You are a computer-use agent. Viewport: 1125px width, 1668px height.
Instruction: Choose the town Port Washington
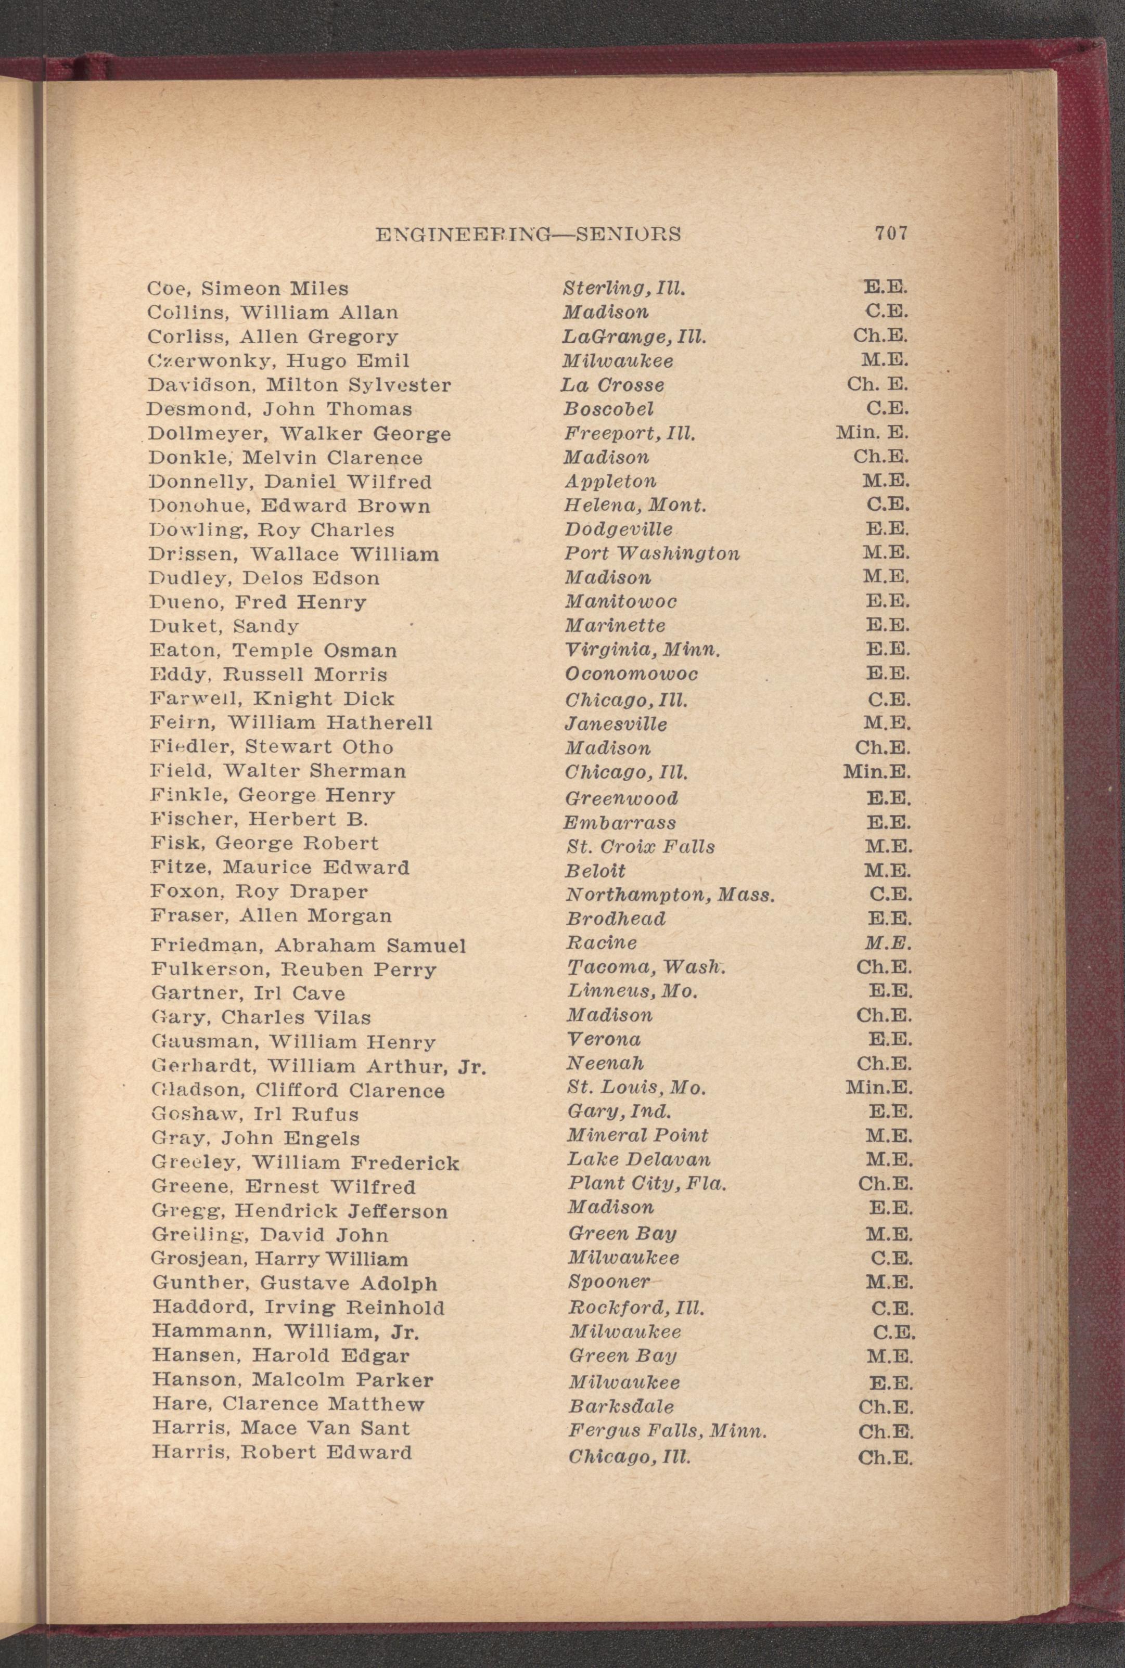coord(651,553)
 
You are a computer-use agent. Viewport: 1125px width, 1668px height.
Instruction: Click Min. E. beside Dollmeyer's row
coord(873,433)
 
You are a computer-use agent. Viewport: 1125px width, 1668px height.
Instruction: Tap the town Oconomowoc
coord(631,674)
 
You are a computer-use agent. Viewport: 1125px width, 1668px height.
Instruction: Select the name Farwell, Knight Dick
coord(272,699)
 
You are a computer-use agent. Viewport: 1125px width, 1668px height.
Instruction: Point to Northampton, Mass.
coord(671,895)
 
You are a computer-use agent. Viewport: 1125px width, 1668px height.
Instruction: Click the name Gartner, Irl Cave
coord(248,993)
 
